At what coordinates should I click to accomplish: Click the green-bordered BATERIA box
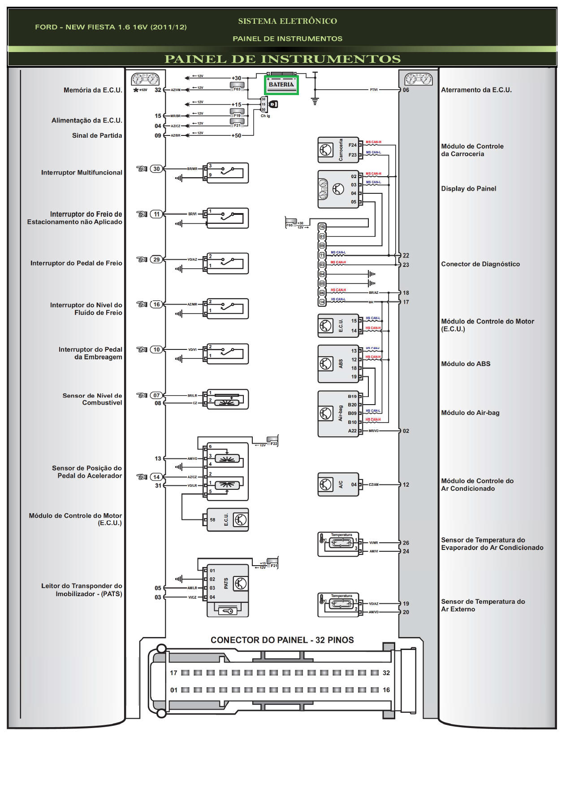(281, 85)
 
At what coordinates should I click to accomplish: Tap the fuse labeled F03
(237, 87)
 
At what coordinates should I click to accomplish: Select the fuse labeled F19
(237, 113)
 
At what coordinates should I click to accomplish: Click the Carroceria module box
(338, 150)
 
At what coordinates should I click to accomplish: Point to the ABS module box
(338, 363)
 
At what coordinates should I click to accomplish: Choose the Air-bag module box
(338, 414)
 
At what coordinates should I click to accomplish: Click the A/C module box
(338, 484)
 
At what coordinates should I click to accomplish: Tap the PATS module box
(228, 583)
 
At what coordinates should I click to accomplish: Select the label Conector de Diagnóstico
(480, 264)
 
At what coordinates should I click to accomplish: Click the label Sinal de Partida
(97, 135)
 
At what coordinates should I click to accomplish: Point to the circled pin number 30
(156, 169)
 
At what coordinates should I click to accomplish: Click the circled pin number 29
(156, 260)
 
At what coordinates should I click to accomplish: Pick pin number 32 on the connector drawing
(386, 673)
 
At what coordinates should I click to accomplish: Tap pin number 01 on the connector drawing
(174, 690)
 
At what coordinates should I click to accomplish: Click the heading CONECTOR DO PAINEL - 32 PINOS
(282, 640)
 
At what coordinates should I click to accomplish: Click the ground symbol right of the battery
(315, 101)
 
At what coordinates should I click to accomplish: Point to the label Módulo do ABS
(465, 364)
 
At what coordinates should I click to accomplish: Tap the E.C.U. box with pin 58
(228, 520)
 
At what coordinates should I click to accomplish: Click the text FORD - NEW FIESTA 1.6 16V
(111, 27)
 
